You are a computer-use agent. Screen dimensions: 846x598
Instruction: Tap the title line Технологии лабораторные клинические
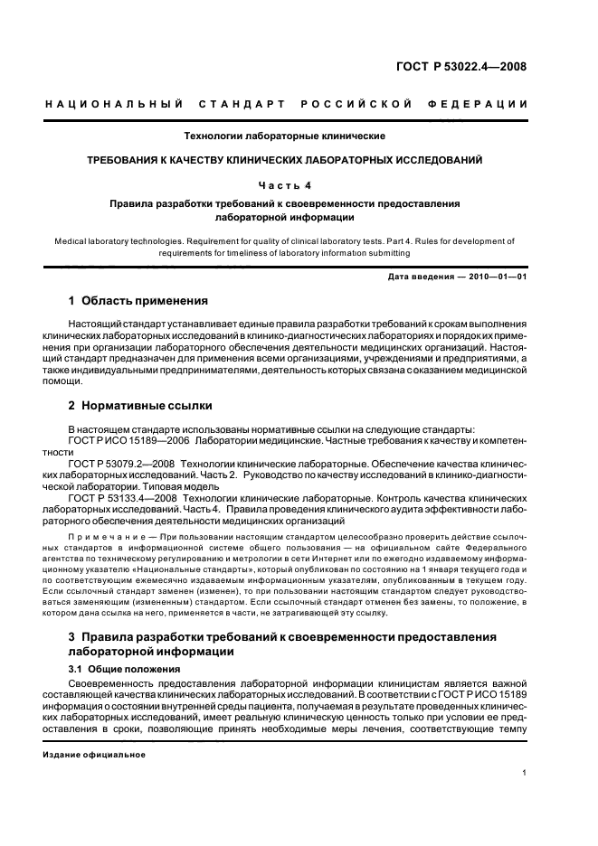tap(285, 136)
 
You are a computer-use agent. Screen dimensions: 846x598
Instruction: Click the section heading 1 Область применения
tap(138, 301)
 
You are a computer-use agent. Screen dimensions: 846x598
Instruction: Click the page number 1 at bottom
tap(524, 774)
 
